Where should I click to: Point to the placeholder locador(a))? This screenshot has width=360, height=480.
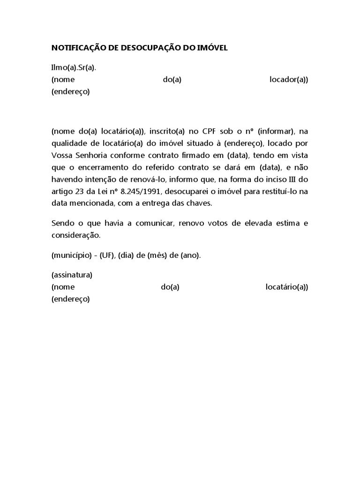pyautogui.click(x=289, y=80)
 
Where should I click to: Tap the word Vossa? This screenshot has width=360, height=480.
pyautogui.click(x=62, y=155)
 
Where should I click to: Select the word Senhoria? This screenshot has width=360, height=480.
pyautogui.click(x=94, y=155)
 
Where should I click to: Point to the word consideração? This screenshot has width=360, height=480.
pyautogui.click(x=75, y=236)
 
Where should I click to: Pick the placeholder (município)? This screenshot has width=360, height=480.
pyautogui.click(x=70, y=255)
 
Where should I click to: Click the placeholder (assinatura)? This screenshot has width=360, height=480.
pyautogui.click(x=72, y=275)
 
